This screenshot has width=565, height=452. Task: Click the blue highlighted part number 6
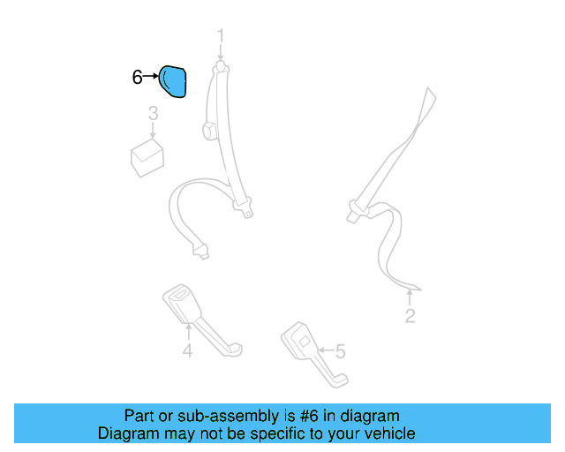[173, 81]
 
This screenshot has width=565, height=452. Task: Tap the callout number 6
[137, 78]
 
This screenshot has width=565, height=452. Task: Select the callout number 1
[221, 36]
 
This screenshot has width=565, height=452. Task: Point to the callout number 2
[410, 316]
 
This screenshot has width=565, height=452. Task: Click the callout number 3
[153, 113]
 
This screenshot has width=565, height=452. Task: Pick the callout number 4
[187, 352]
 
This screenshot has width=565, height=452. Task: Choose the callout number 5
[340, 352]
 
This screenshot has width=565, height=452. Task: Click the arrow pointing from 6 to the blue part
[151, 78]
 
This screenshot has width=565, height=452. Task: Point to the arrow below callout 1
[221, 56]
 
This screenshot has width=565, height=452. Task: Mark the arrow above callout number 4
[187, 332]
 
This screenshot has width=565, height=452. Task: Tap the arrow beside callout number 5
[323, 351]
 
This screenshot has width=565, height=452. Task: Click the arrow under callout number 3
[153, 132]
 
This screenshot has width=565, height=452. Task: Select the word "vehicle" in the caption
[390, 433]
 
